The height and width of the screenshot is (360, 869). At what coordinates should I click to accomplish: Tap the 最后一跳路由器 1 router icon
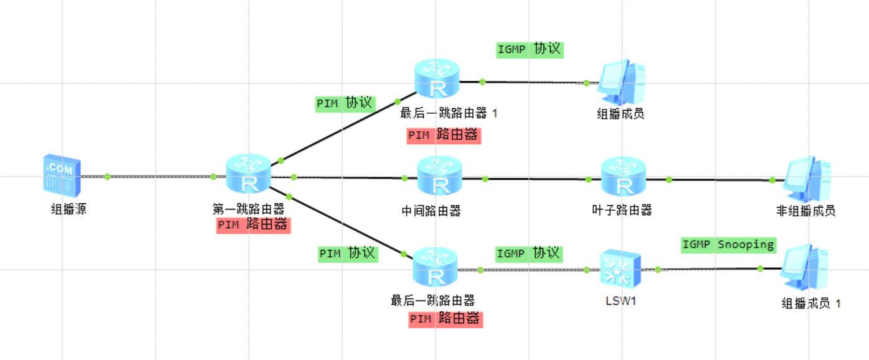coord(438,79)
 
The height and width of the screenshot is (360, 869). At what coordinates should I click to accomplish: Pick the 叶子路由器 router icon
coord(623,177)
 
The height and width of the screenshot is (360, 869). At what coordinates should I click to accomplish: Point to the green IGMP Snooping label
coord(728,244)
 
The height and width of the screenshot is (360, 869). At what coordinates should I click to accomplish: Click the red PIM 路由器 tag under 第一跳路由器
coord(253,225)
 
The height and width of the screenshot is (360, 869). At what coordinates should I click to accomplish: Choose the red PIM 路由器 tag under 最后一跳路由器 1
coord(444,134)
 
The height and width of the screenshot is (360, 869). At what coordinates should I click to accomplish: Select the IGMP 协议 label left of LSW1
coord(529,254)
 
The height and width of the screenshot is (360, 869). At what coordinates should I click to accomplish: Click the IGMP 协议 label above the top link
coord(529,50)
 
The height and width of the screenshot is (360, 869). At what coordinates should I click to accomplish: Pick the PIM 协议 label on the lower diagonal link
coord(348,254)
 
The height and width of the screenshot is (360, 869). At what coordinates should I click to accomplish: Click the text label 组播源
coord(68,210)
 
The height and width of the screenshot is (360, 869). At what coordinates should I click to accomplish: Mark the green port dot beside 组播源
coord(107,177)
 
